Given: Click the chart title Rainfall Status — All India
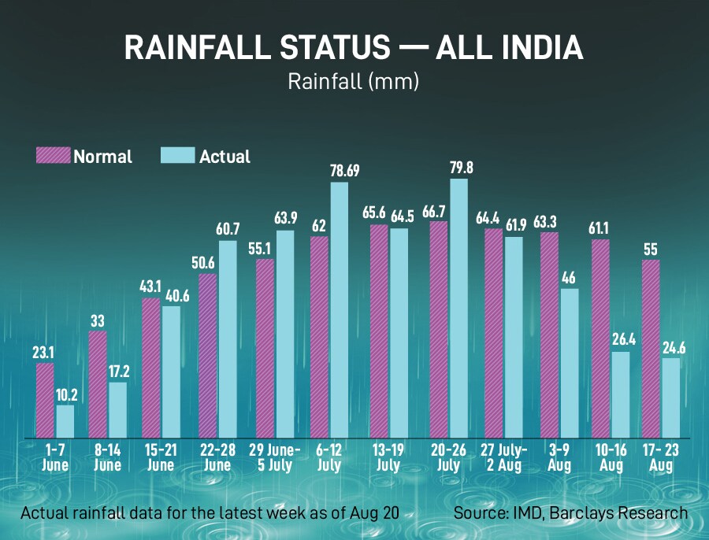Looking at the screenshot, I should click(x=354, y=49).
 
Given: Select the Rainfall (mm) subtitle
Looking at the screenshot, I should click(x=353, y=81).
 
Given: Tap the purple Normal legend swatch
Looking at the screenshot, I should click(x=54, y=156).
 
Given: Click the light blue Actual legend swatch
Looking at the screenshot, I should click(x=178, y=156).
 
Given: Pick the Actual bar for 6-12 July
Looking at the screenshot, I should click(x=339, y=310).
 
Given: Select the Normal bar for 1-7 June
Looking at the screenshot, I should click(x=46, y=400).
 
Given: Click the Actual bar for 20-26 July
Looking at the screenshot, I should click(x=458, y=308).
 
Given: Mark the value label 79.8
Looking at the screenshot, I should click(x=458, y=167).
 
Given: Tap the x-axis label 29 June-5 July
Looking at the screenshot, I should click(x=275, y=457).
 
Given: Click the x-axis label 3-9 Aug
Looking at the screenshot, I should click(x=560, y=457).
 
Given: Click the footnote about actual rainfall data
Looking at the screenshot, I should click(x=210, y=513).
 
